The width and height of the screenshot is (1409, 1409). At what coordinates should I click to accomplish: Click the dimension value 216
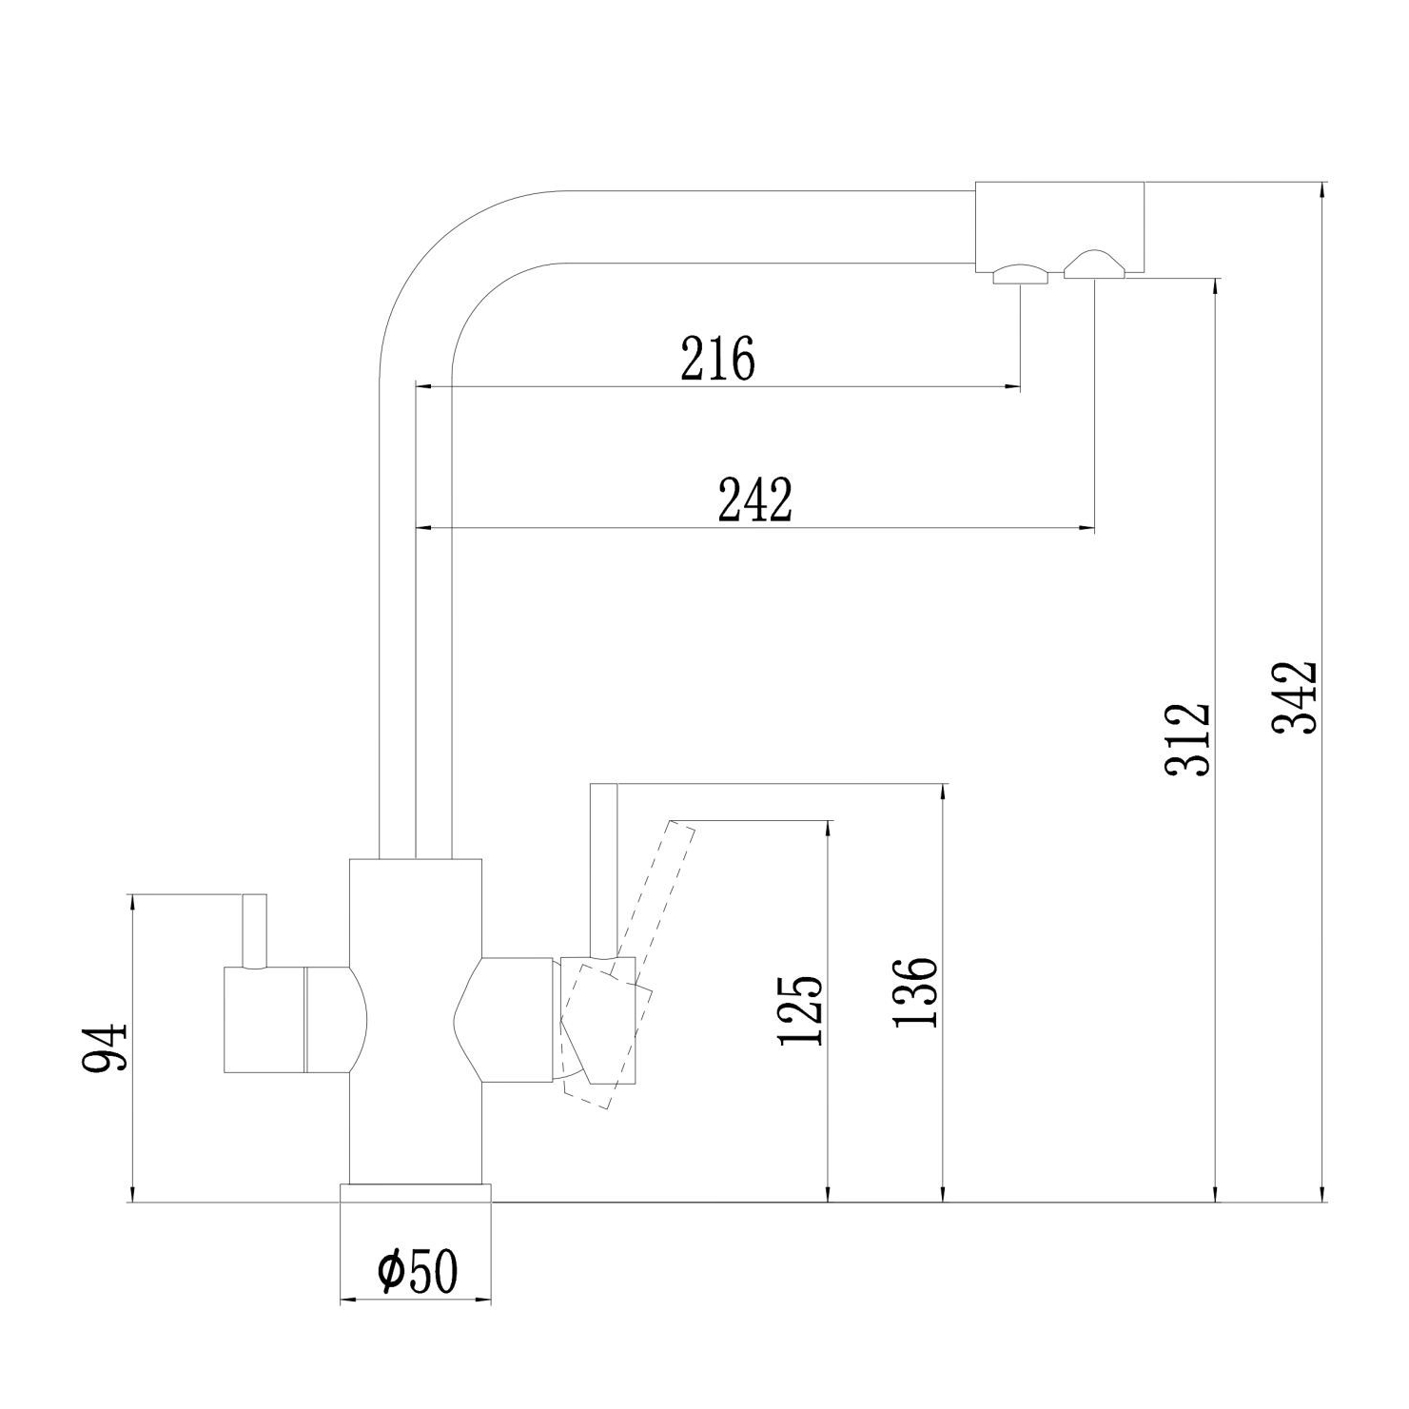717,357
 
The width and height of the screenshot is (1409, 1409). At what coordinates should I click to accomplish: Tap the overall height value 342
1294,697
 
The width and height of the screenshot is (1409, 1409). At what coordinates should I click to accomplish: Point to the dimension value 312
1187,739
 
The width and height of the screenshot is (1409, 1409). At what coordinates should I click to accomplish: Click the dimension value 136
915,992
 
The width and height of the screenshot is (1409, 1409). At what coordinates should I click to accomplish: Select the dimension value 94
104,1047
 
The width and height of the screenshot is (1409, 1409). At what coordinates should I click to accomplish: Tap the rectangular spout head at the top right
1060,226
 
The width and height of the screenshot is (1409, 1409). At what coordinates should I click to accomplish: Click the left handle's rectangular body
264,1019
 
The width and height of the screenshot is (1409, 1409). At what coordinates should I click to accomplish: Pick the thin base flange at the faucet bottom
417,1193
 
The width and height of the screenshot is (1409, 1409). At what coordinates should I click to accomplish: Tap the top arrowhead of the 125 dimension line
830,831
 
